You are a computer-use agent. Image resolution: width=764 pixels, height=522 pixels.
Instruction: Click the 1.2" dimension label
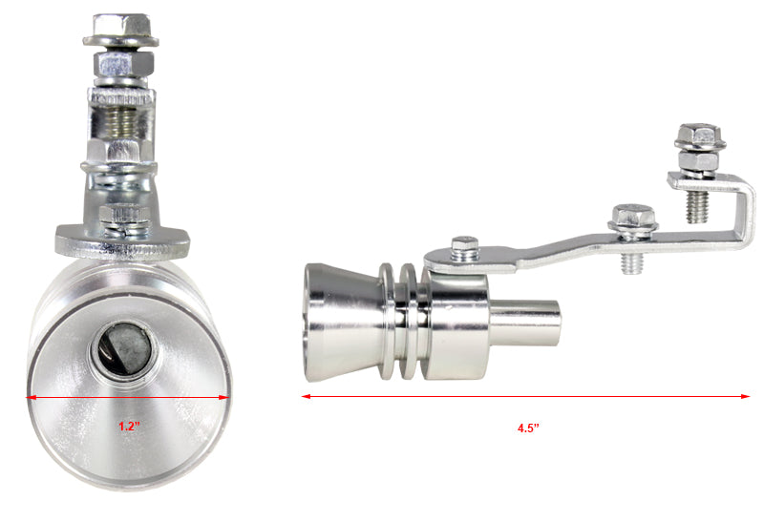(129, 427)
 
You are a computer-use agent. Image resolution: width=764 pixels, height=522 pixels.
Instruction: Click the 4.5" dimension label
(528, 428)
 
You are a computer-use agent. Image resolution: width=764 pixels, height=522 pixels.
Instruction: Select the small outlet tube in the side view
(525, 324)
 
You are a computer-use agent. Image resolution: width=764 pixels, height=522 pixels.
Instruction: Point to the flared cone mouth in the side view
(341, 323)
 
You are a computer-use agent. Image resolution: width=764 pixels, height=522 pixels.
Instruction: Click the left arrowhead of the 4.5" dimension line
(306, 396)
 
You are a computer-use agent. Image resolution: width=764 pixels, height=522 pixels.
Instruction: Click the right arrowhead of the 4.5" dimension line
(746, 396)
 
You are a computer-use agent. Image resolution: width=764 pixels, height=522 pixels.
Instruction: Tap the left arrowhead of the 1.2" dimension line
(31, 397)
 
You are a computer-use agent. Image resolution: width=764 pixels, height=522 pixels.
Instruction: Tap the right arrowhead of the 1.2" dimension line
(223, 397)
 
